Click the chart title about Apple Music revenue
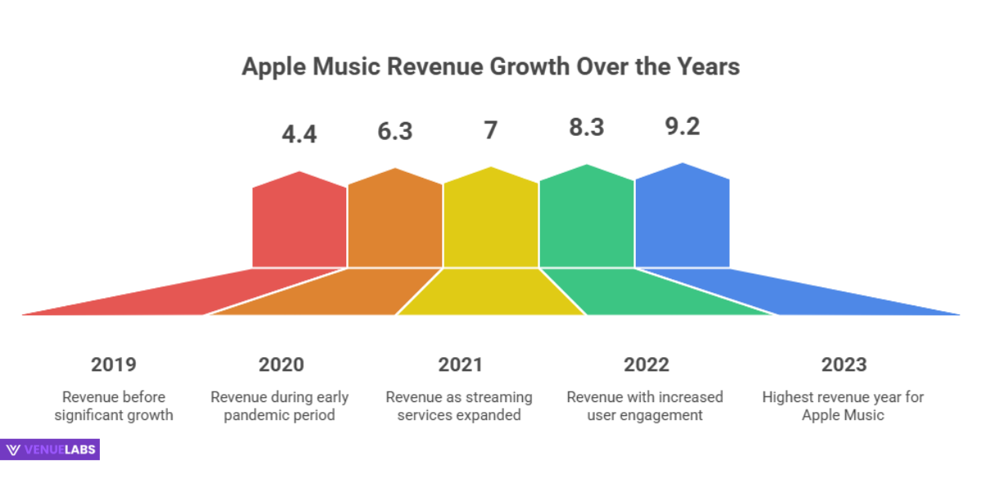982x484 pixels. tap(490, 66)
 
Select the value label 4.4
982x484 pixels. tap(299, 133)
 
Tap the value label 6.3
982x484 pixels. tap(394, 131)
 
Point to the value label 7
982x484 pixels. tap(490, 130)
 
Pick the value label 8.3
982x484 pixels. tap(586, 128)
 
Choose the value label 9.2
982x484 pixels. tap(682, 127)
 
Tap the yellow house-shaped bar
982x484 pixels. tap(491, 220)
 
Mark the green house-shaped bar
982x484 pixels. tap(587, 219)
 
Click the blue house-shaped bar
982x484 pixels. tap(682, 218)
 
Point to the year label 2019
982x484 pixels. tap(114, 364)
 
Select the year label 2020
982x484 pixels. tap(281, 364)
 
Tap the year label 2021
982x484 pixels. tap(460, 364)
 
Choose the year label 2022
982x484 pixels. tap(646, 364)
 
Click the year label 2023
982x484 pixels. tap(843, 364)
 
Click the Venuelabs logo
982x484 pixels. tap(51, 450)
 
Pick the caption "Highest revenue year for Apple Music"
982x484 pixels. tap(843, 406)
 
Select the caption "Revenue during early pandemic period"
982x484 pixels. tap(280, 406)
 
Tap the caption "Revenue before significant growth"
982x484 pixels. tap(114, 406)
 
